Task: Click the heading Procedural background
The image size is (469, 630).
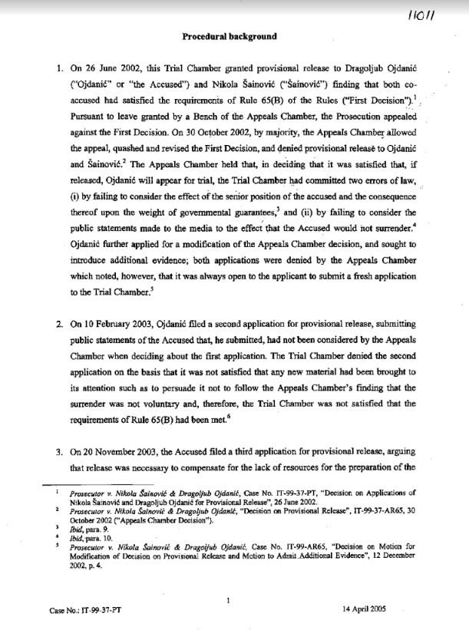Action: pos(230,36)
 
